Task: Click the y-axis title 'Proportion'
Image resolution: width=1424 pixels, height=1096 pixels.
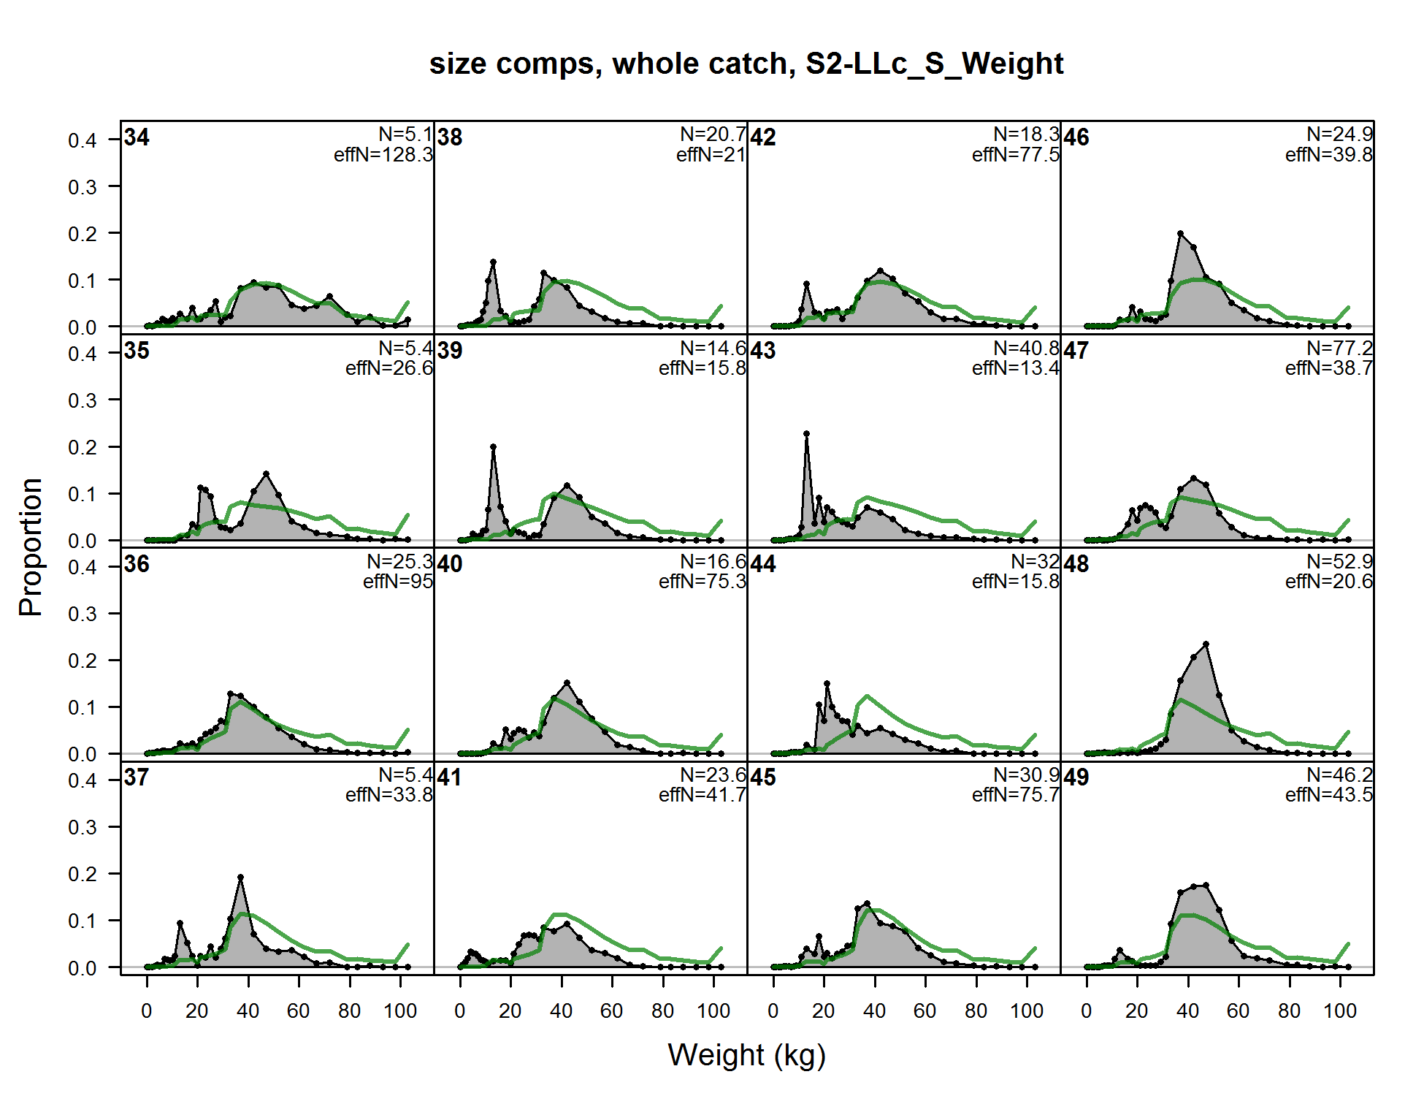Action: pos(31,547)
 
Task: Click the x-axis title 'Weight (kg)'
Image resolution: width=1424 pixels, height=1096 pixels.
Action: pos(746,1055)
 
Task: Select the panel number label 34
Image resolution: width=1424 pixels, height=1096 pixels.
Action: pos(137,137)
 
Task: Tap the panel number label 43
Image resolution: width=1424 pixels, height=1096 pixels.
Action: pos(763,351)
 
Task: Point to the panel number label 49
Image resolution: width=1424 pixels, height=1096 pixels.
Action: pos(1076,777)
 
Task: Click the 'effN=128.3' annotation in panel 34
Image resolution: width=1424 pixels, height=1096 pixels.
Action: pos(383,155)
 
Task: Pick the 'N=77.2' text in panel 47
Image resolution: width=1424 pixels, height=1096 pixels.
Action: pos(1339,348)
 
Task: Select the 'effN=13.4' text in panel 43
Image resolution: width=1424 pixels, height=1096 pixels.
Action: pos(1015,368)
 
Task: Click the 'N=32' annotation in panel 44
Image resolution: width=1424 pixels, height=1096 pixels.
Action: pos(1035,561)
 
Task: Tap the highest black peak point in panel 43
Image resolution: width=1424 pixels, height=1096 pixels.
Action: pos(806,434)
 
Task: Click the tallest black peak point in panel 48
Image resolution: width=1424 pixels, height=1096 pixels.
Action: pos(1206,644)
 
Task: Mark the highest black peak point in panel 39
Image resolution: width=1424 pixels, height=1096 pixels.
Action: pos(494,446)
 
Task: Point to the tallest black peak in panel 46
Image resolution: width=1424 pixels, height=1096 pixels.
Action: pos(1181,233)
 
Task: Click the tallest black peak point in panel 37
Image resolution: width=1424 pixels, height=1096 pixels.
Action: pos(240,877)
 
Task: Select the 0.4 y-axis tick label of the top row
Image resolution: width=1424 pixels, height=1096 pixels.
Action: pos(82,140)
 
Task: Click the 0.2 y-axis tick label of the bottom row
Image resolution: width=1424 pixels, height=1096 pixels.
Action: pos(82,874)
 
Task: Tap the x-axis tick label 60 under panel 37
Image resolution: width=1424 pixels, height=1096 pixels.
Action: pos(298,1011)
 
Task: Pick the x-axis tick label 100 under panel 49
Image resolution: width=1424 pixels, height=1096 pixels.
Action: pos(1340,1011)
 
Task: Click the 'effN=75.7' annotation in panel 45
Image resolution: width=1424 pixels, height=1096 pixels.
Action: pos(1015,795)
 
